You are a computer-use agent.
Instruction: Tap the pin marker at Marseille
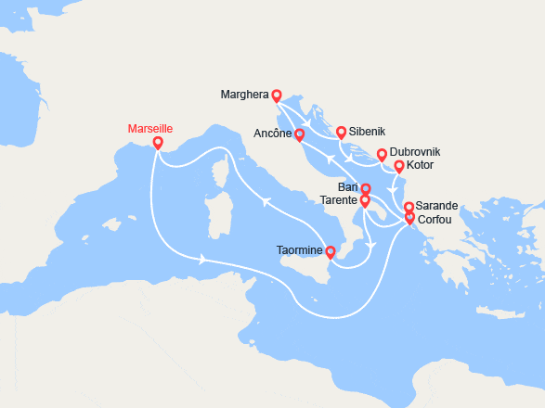coord(158,144)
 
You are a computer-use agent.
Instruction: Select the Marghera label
coord(245,95)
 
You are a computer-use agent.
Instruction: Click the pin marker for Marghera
coord(277,95)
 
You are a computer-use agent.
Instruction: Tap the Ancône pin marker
coord(299,134)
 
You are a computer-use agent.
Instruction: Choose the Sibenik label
coord(366,133)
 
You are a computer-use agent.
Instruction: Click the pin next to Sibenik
coord(342,133)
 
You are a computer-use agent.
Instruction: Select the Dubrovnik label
coord(415,152)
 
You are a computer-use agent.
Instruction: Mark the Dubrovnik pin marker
coord(382,154)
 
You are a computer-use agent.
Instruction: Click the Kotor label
coord(421,167)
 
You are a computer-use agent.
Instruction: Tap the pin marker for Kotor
coord(399,167)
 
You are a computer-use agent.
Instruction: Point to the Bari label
coord(348,188)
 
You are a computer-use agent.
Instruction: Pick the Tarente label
coord(340,200)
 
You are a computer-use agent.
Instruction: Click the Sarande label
coord(437,206)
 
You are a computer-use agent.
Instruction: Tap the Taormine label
coord(299,249)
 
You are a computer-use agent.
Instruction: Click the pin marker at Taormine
coord(331,250)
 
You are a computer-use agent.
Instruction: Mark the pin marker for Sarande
coord(409,207)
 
